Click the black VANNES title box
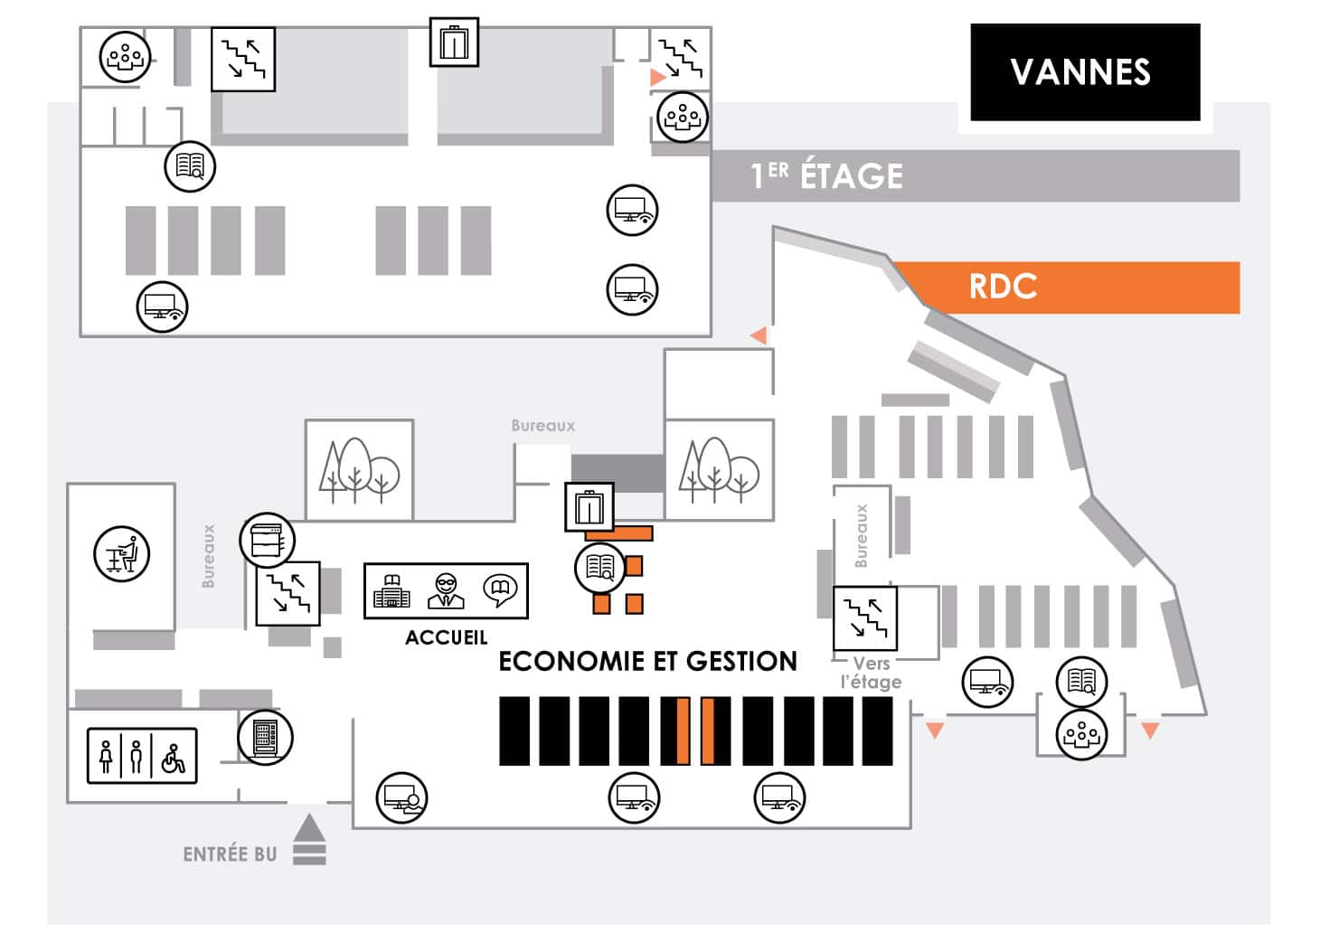1085,72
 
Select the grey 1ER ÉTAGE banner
976,175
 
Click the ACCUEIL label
446,637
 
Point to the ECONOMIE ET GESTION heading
647,661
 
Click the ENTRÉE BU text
230,854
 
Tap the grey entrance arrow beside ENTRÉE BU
309,839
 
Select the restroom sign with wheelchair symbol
142,756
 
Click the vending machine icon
265,738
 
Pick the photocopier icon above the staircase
267,540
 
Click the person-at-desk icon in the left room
122,554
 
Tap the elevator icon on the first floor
454,42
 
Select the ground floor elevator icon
589,507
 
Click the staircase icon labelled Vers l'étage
865,618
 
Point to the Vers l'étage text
871,673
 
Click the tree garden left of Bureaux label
360,470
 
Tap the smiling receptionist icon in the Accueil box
446,590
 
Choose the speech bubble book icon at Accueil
500,590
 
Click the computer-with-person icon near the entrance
402,797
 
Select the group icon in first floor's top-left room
125,57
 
